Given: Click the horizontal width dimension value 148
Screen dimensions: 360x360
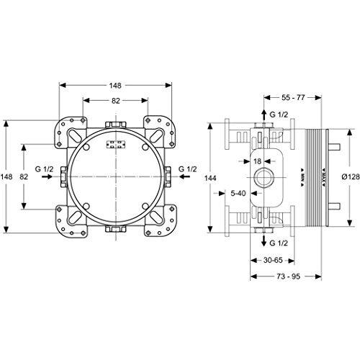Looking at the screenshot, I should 115,84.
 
